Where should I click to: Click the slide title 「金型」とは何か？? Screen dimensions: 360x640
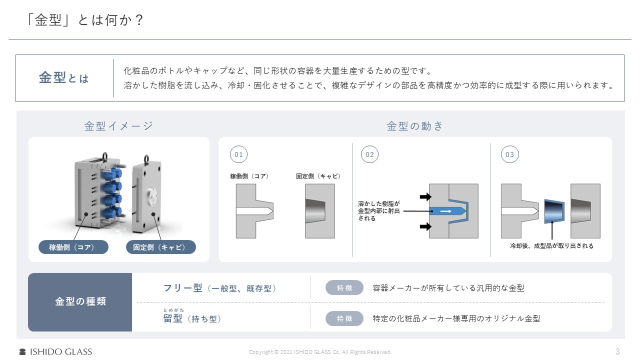[x=85, y=20]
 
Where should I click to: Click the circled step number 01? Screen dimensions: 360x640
[x=238, y=154]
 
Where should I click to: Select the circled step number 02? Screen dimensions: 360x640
[x=369, y=154]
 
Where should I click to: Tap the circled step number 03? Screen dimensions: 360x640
[x=509, y=154]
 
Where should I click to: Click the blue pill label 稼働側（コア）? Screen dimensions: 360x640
[x=73, y=247]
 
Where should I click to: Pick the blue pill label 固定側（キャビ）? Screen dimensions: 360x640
[x=160, y=247]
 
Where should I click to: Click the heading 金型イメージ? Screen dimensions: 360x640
[x=118, y=126]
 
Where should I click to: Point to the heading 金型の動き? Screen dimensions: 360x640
[x=415, y=126]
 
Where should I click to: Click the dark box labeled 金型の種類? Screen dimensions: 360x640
[x=80, y=302]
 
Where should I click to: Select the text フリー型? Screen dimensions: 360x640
[x=183, y=288]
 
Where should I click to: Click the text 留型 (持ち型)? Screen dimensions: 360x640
[x=192, y=318]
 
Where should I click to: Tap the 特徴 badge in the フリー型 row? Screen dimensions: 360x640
[x=344, y=288]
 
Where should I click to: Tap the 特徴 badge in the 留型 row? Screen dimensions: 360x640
[x=344, y=318]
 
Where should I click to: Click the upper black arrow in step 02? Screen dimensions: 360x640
[x=425, y=196]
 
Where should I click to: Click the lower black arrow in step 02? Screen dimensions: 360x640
[x=425, y=226]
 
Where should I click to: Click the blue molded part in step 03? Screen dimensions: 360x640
[x=554, y=211]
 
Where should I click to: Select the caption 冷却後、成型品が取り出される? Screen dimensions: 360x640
[x=551, y=246]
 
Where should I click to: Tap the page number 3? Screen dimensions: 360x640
[x=617, y=351]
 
